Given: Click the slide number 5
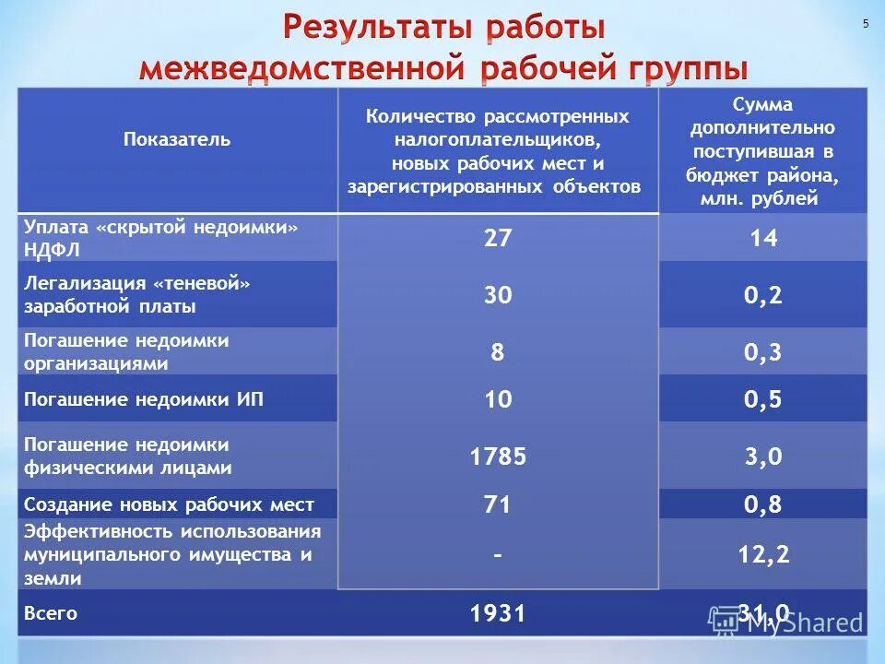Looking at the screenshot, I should coord(866,24).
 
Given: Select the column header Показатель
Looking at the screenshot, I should coord(177,140).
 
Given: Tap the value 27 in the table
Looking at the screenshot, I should coord(498,238).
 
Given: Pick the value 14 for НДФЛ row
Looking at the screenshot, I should coord(763,239).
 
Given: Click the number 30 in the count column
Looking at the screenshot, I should coord(498,295).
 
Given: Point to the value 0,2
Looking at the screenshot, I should coord(763,295).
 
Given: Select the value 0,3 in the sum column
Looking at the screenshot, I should coord(763,351).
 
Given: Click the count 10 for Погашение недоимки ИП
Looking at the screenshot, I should coord(498,399).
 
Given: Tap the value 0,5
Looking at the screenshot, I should coord(763,399).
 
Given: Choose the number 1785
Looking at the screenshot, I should coord(498,456).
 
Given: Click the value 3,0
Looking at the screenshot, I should coord(763,456).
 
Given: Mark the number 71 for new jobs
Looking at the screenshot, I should coord(498,504).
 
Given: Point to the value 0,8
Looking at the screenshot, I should coord(763,504).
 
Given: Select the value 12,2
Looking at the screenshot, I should coord(763,554).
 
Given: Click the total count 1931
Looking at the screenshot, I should coord(498,613).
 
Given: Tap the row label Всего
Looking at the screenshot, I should coord(51,613).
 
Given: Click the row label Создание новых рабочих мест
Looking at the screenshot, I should coord(169,504).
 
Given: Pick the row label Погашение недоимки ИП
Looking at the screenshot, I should coord(149,399).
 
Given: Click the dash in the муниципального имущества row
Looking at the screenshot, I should coord(498,555).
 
